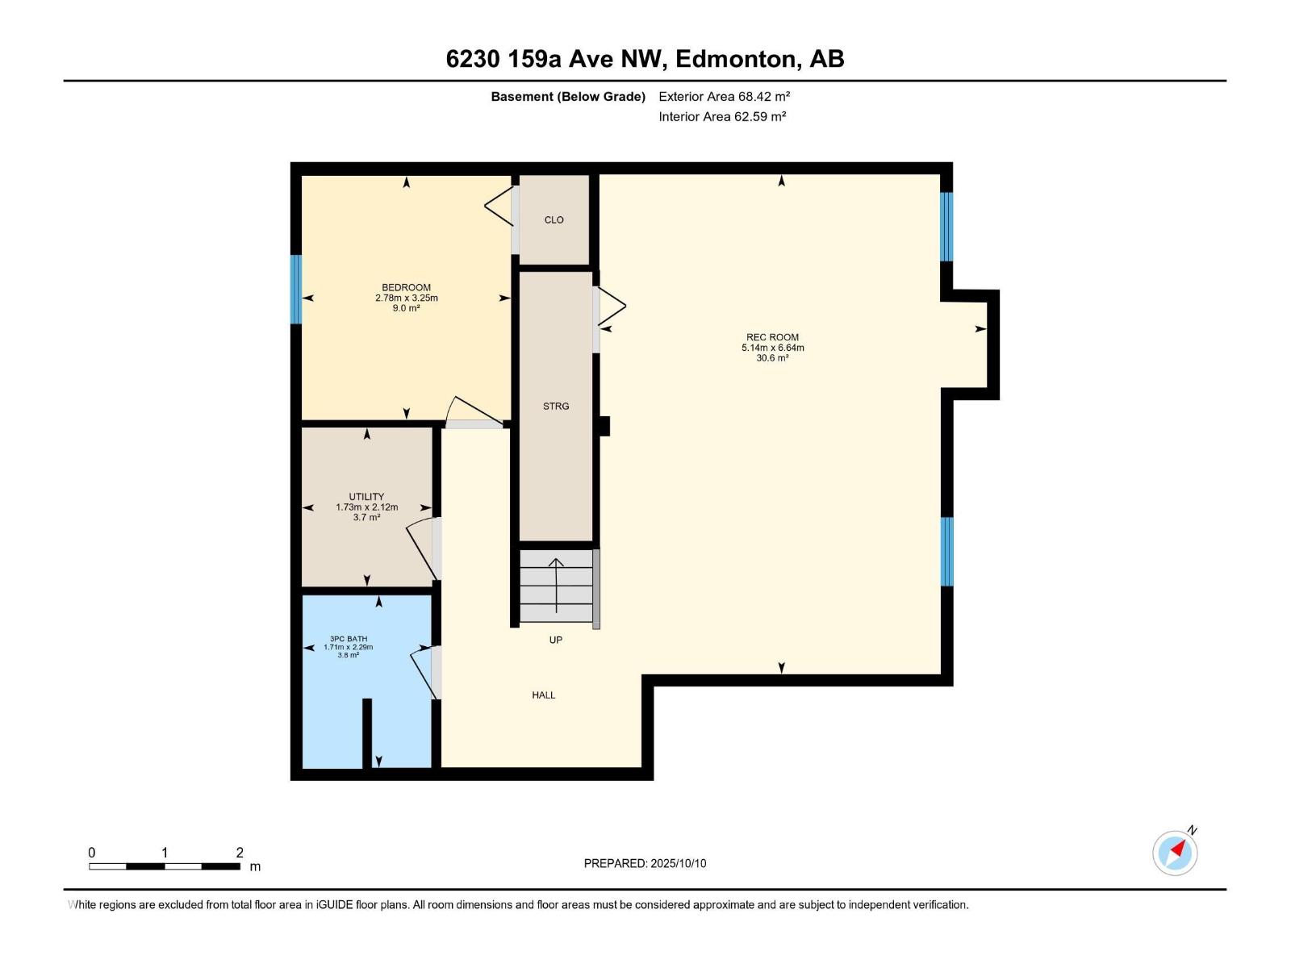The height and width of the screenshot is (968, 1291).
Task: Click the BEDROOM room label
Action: [x=406, y=287]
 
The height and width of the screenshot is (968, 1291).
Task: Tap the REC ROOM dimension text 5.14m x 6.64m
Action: [x=773, y=348]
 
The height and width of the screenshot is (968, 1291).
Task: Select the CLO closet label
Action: [x=554, y=219]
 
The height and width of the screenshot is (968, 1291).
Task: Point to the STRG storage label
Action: [x=556, y=406]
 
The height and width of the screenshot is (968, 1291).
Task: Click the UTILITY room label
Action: [x=366, y=497]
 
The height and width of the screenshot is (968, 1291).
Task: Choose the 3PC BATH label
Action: [x=349, y=639]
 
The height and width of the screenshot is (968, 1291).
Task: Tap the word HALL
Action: [x=543, y=695]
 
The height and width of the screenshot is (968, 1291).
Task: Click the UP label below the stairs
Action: [x=555, y=640]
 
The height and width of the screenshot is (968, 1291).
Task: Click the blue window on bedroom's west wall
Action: [x=296, y=289]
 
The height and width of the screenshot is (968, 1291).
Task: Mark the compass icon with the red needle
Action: [x=1175, y=853]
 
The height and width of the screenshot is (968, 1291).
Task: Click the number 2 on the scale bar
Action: [x=240, y=853]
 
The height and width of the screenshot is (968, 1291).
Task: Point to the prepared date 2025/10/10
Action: [x=678, y=863]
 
